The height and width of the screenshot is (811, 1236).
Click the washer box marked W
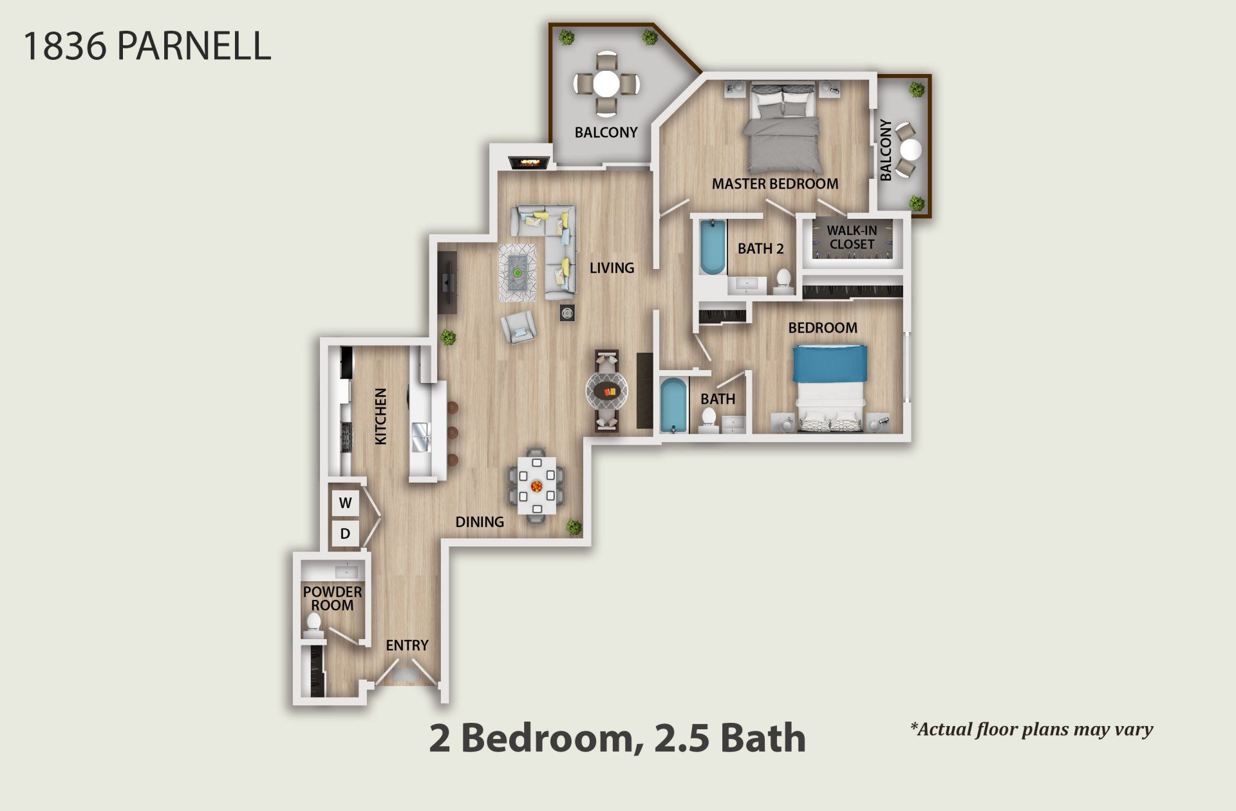coord(345,503)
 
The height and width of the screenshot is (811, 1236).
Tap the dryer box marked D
coord(345,533)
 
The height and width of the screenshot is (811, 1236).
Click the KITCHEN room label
coord(380,416)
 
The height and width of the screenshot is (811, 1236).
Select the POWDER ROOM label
coord(332,598)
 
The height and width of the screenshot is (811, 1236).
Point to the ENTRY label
coord(407,645)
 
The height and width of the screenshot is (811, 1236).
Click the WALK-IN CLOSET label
coord(851,237)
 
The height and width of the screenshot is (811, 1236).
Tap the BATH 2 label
coord(760,248)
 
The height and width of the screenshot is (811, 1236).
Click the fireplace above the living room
coord(529,162)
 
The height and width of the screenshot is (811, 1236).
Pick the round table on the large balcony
coord(606,84)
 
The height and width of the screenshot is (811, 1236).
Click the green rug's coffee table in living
coord(518,272)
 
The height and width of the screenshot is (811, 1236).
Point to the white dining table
coord(536,485)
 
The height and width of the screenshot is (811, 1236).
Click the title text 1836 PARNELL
coord(147,46)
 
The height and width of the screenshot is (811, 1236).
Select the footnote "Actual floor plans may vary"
coord(1031,729)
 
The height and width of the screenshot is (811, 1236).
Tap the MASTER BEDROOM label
coord(774,184)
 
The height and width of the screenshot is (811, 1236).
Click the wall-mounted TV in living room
coord(447,282)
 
